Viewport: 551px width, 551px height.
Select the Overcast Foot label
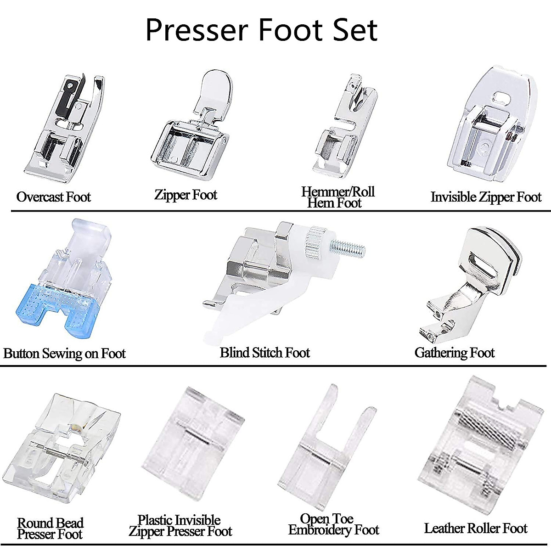(x=54, y=197)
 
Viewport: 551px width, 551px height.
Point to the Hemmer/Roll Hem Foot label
(x=337, y=197)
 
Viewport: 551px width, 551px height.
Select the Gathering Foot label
(x=454, y=353)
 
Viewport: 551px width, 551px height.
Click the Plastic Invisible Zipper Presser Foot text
(x=180, y=526)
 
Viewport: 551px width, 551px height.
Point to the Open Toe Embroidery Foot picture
(x=328, y=448)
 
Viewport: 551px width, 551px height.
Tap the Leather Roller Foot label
(x=475, y=529)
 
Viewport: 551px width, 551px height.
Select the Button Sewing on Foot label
(x=64, y=354)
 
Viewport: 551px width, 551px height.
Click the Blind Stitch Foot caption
(x=265, y=353)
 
